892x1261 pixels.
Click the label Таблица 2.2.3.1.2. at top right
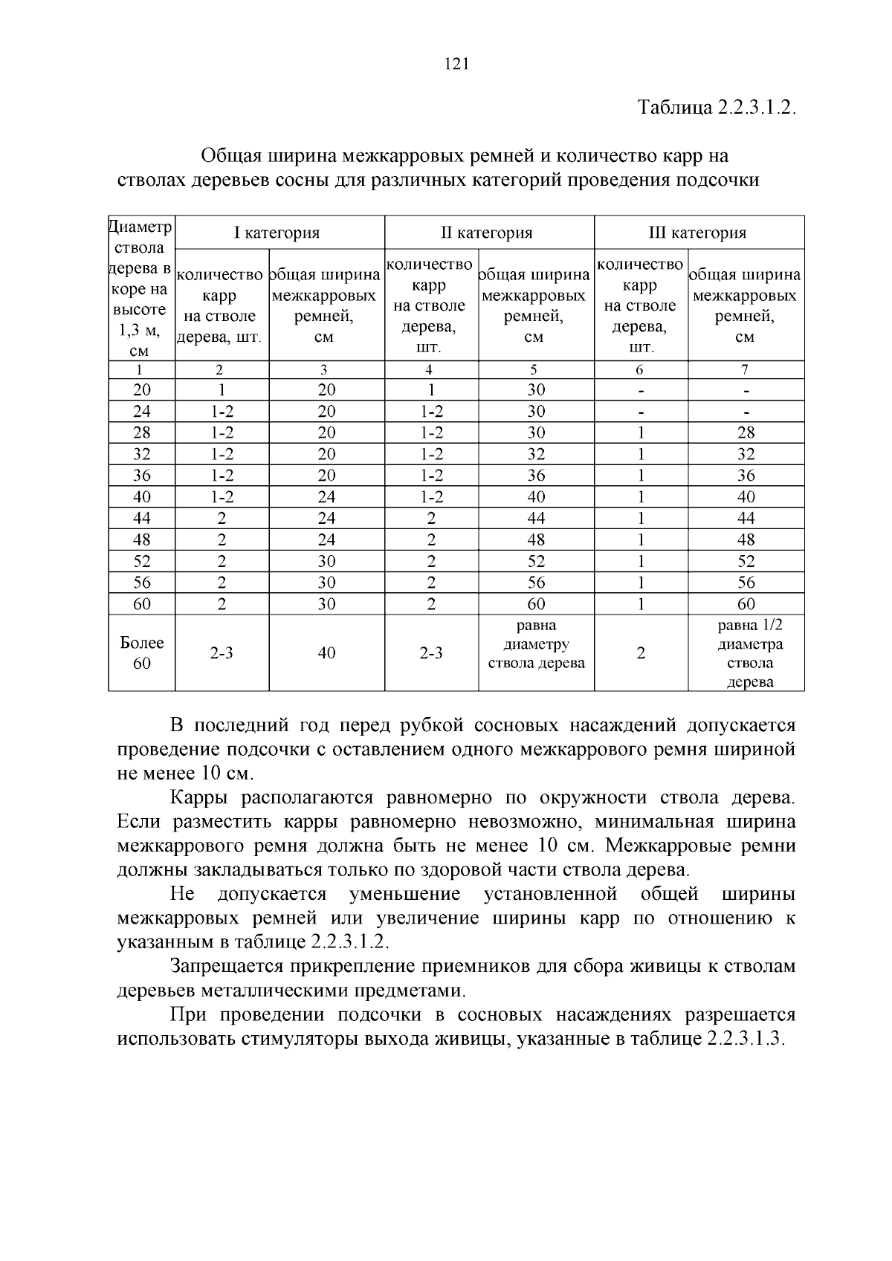tap(717, 107)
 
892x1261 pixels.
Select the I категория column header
tap(277, 233)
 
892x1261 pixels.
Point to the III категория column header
tap(697, 233)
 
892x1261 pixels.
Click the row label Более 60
tap(141, 652)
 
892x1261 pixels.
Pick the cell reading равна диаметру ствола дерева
tap(536, 644)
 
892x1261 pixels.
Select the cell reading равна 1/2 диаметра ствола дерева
tap(746, 652)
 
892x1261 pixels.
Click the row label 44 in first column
tap(141, 518)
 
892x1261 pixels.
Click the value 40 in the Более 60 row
tap(326, 652)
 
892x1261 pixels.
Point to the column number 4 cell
tap(430, 369)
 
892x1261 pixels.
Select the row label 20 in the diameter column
tap(141, 390)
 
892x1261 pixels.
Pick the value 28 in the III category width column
tap(746, 433)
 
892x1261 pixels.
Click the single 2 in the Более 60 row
tap(640, 652)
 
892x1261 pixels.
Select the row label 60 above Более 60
tap(141, 604)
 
